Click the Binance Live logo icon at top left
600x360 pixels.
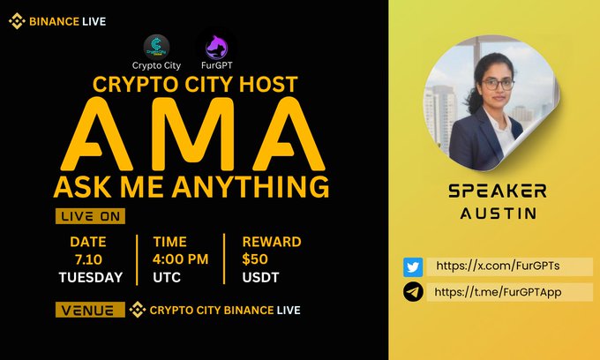pos(17,21)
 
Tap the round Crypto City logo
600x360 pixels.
pos(157,48)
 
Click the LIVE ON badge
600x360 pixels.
pos(89,216)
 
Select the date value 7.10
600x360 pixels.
pos(89,259)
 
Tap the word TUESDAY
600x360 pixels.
pos(89,276)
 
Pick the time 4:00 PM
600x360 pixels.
pos(181,259)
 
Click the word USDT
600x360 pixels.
pos(259,276)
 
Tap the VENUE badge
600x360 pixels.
pos(89,311)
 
